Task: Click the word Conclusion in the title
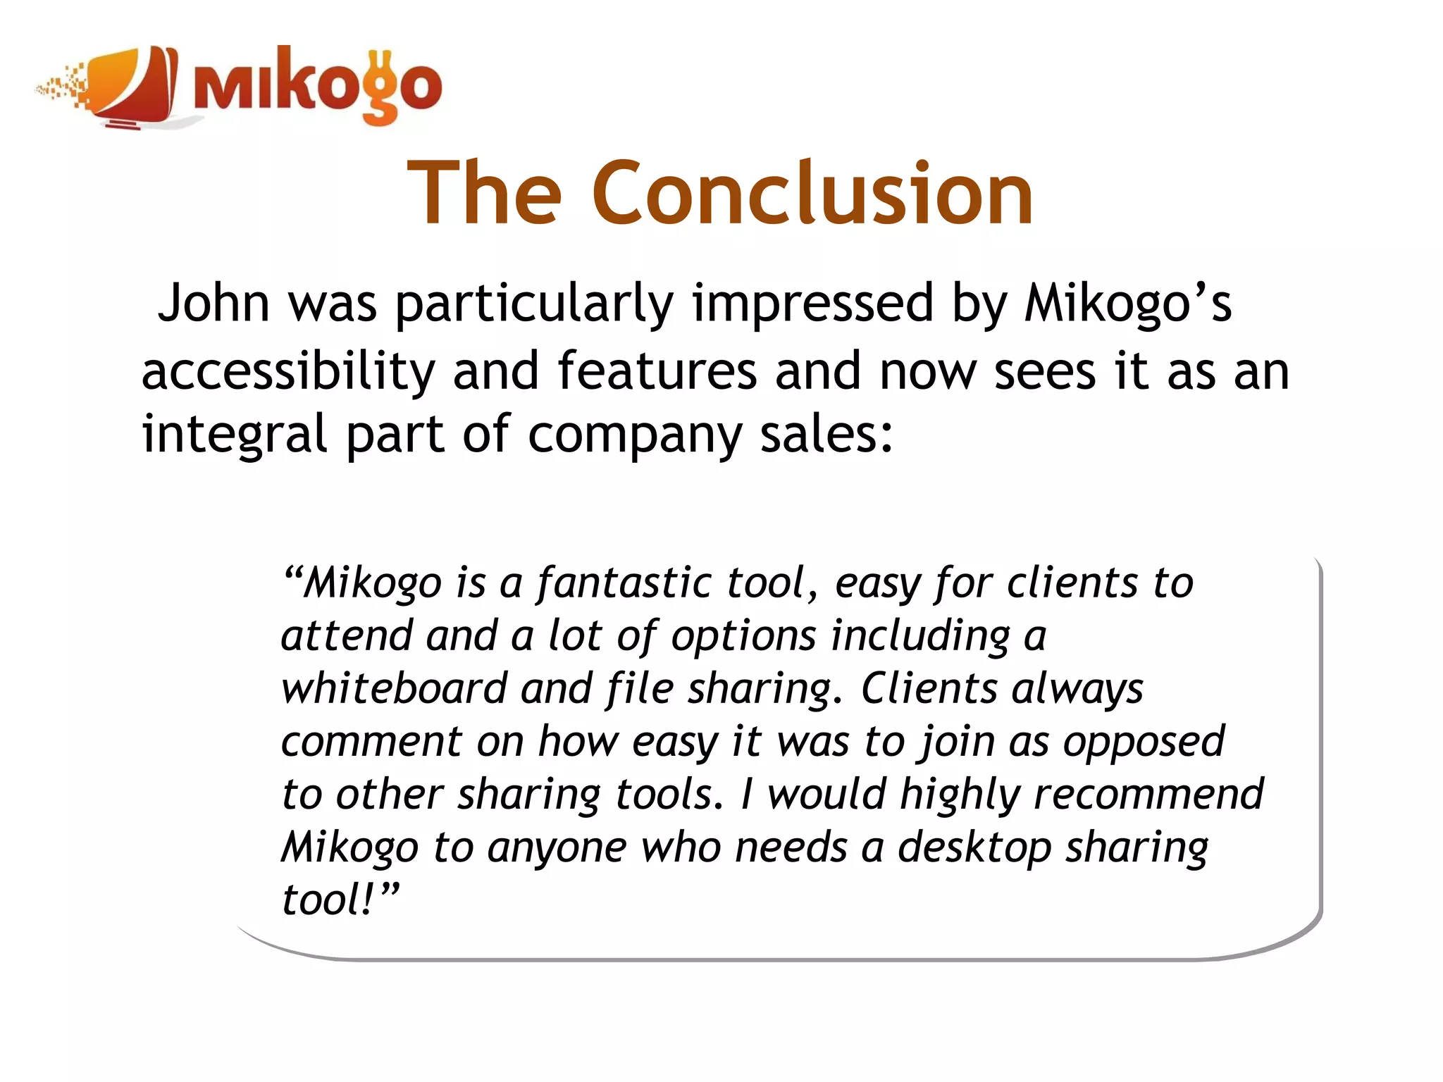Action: pyautogui.click(x=812, y=193)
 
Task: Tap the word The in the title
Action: pyautogui.click(x=484, y=193)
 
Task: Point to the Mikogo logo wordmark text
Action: pyautogui.click(x=317, y=86)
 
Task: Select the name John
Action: pyautogui.click(x=213, y=303)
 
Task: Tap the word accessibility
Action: pyautogui.click(x=288, y=372)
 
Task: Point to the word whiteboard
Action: pyautogui.click(x=393, y=688)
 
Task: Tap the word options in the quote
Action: pyautogui.click(x=743, y=637)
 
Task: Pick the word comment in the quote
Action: pyautogui.click(x=372, y=742)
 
